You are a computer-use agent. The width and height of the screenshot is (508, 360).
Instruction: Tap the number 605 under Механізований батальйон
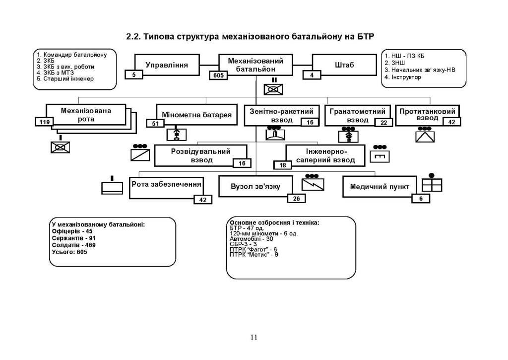[x=218, y=75]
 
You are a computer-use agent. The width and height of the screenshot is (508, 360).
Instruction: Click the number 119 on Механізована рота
[x=43, y=121]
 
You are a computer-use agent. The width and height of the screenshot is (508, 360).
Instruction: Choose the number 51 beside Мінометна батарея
[x=155, y=123]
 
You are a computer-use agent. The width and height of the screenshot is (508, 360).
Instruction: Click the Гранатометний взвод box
[x=358, y=115]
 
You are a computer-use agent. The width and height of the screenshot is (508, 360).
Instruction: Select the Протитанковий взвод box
[x=427, y=115]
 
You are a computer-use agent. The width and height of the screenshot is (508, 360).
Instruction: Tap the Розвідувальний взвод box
[x=201, y=155]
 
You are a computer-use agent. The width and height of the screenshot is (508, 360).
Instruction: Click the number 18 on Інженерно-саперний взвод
[x=283, y=165]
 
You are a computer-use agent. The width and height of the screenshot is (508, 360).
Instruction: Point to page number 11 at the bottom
[x=254, y=338]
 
